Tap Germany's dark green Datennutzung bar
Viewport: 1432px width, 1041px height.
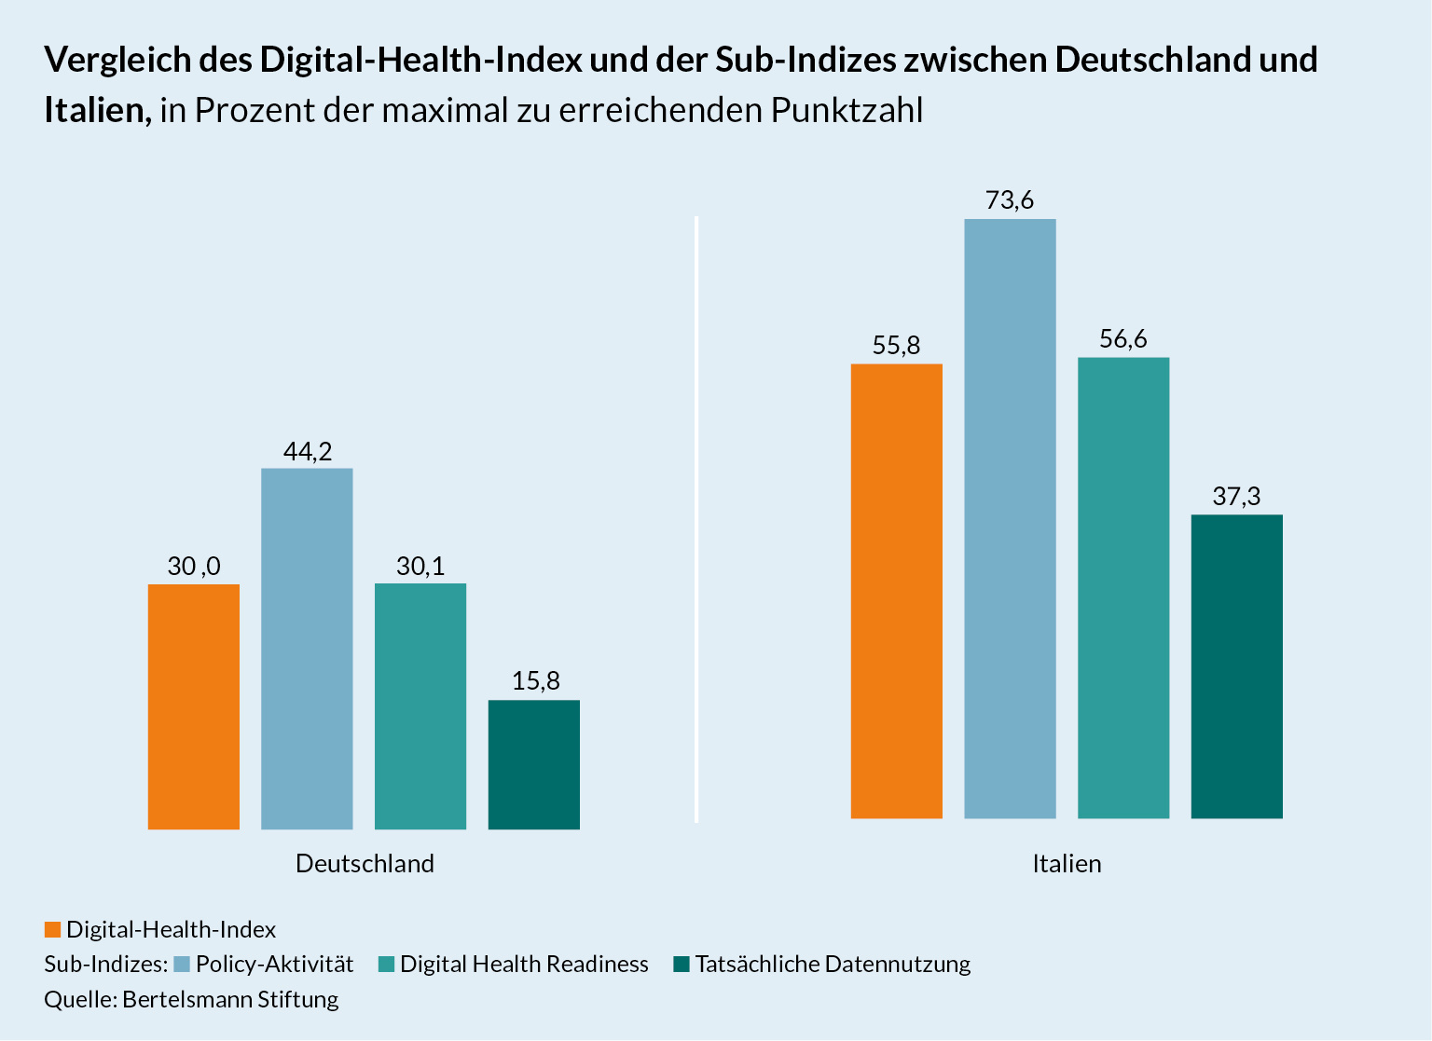click(x=533, y=764)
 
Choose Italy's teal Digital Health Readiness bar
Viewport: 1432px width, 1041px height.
click(x=1123, y=588)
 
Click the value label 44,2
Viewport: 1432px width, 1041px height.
click(x=308, y=452)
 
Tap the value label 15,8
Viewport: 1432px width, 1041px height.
click(x=535, y=681)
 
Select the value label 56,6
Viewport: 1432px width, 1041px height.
click(x=1123, y=339)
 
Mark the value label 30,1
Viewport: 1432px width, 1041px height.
click(x=420, y=567)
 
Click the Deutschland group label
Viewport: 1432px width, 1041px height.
click(x=365, y=864)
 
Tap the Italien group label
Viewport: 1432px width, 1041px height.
click(x=1067, y=864)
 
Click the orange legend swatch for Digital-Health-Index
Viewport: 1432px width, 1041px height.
click(x=52, y=930)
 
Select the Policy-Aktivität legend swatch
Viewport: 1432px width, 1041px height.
click(x=182, y=965)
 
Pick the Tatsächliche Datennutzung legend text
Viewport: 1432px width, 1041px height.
click(x=833, y=965)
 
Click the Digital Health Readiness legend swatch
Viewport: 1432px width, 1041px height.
click(x=386, y=965)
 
